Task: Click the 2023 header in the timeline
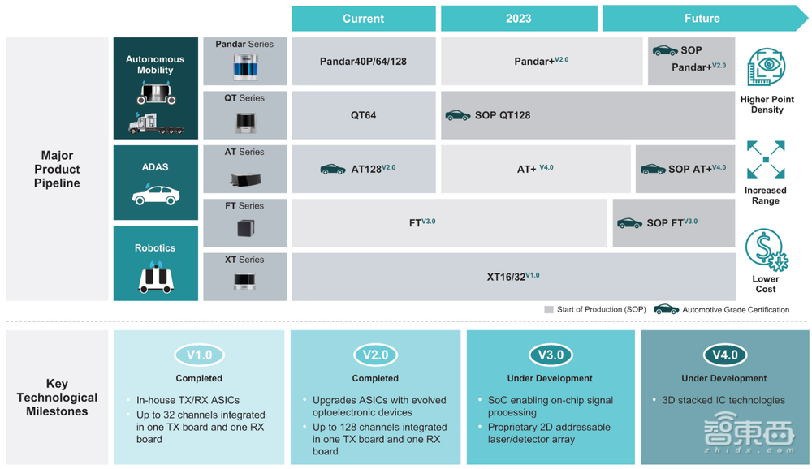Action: pyautogui.click(x=518, y=19)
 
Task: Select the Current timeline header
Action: pyautogui.click(x=363, y=19)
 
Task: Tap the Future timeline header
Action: pyautogui.click(x=702, y=19)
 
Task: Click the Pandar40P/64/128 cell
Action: pyautogui.click(x=363, y=61)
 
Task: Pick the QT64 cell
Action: pyautogui.click(x=363, y=115)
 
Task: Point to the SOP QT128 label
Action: pyautogui.click(x=503, y=115)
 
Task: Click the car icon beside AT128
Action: pyautogui.click(x=333, y=169)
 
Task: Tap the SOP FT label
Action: pyautogui.click(x=671, y=222)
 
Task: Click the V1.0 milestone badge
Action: pyautogui.click(x=199, y=355)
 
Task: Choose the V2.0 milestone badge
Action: pyautogui.click(x=375, y=355)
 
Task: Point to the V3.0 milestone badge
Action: pyautogui.click(x=551, y=355)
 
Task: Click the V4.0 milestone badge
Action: pyautogui.click(x=724, y=355)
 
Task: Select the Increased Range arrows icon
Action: pyautogui.click(x=766, y=160)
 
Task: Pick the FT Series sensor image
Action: pyautogui.click(x=245, y=227)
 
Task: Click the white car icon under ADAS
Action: pyautogui.click(x=155, y=195)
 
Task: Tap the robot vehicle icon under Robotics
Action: pyautogui.click(x=155, y=278)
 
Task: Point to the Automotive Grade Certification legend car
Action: pyautogui.click(x=666, y=309)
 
